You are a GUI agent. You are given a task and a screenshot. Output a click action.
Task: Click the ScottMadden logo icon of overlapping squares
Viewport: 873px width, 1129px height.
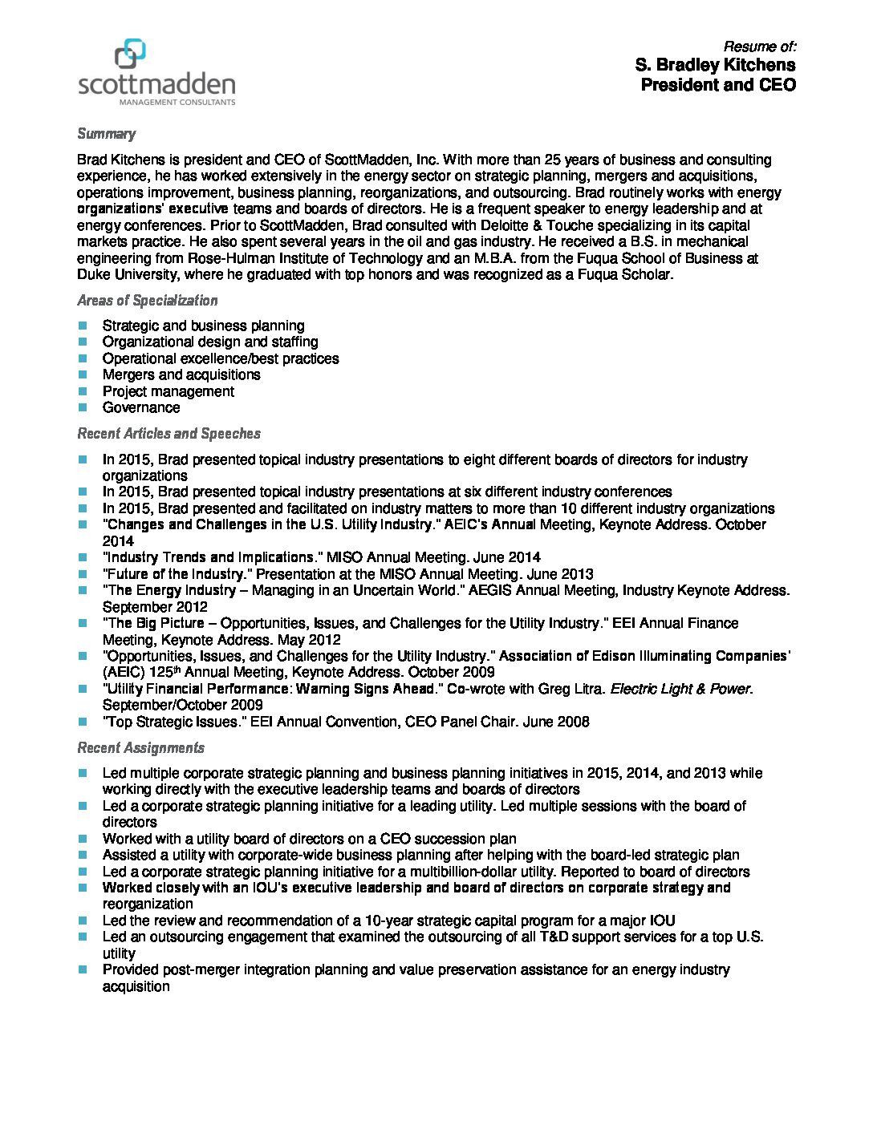tap(131, 54)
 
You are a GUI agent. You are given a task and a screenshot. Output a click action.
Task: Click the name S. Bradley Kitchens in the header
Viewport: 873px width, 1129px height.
tap(715, 65)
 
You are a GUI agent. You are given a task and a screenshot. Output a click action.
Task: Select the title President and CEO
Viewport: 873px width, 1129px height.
tap(718, 85)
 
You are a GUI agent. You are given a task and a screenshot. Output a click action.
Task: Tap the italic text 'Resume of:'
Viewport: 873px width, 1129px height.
tap(759, 47)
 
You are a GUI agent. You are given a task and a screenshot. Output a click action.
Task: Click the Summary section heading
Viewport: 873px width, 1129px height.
tap(106, 134)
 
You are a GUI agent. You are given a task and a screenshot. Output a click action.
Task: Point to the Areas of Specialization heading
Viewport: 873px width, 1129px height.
tap(147, 301)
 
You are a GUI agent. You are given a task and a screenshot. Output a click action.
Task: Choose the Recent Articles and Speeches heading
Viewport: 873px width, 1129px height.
tap(169, 434)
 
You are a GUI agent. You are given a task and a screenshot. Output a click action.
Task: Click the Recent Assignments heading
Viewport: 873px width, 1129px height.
tap(140, 748)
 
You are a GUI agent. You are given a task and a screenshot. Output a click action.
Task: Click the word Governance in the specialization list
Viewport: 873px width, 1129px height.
tap(141, 407)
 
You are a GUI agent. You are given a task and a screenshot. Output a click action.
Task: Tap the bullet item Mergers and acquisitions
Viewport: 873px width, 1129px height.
tap(181, 374)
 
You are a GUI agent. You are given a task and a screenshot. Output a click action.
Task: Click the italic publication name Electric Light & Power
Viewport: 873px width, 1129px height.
tap(680, 689)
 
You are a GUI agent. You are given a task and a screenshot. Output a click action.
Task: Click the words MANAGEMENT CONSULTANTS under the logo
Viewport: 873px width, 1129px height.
tap(177, 103)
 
